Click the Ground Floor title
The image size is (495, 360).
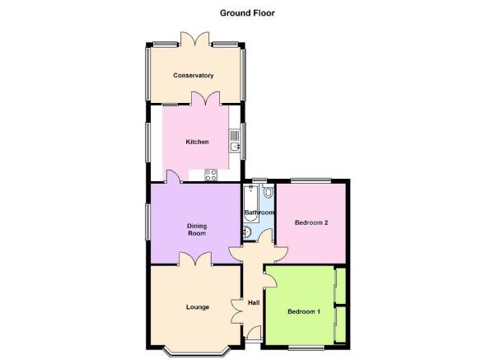coord(247,13)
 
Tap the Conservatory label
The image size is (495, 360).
coord(194,76)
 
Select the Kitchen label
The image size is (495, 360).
coord(197,142)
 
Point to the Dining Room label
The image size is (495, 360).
coord(197,230)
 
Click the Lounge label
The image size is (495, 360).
coord(198,307)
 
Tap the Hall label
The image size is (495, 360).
coord(254,302)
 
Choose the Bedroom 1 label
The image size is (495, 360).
coord(304,311)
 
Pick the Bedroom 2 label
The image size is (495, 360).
coord(311,222)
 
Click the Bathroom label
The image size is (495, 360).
coord(259,213)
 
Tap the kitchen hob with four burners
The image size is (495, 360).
coord(211,175)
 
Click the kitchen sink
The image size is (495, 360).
coord(235,141)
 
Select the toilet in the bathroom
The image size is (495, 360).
coord(269,191)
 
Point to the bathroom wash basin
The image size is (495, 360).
coord(247,232)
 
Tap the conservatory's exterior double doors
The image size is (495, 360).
coord(194,39)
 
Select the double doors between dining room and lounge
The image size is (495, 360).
coord(195,259)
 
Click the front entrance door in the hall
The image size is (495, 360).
coord(255,334)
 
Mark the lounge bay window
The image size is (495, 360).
coord(196,353)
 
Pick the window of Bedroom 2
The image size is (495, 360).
coord(311,180)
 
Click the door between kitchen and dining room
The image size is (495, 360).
coord(174,176)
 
